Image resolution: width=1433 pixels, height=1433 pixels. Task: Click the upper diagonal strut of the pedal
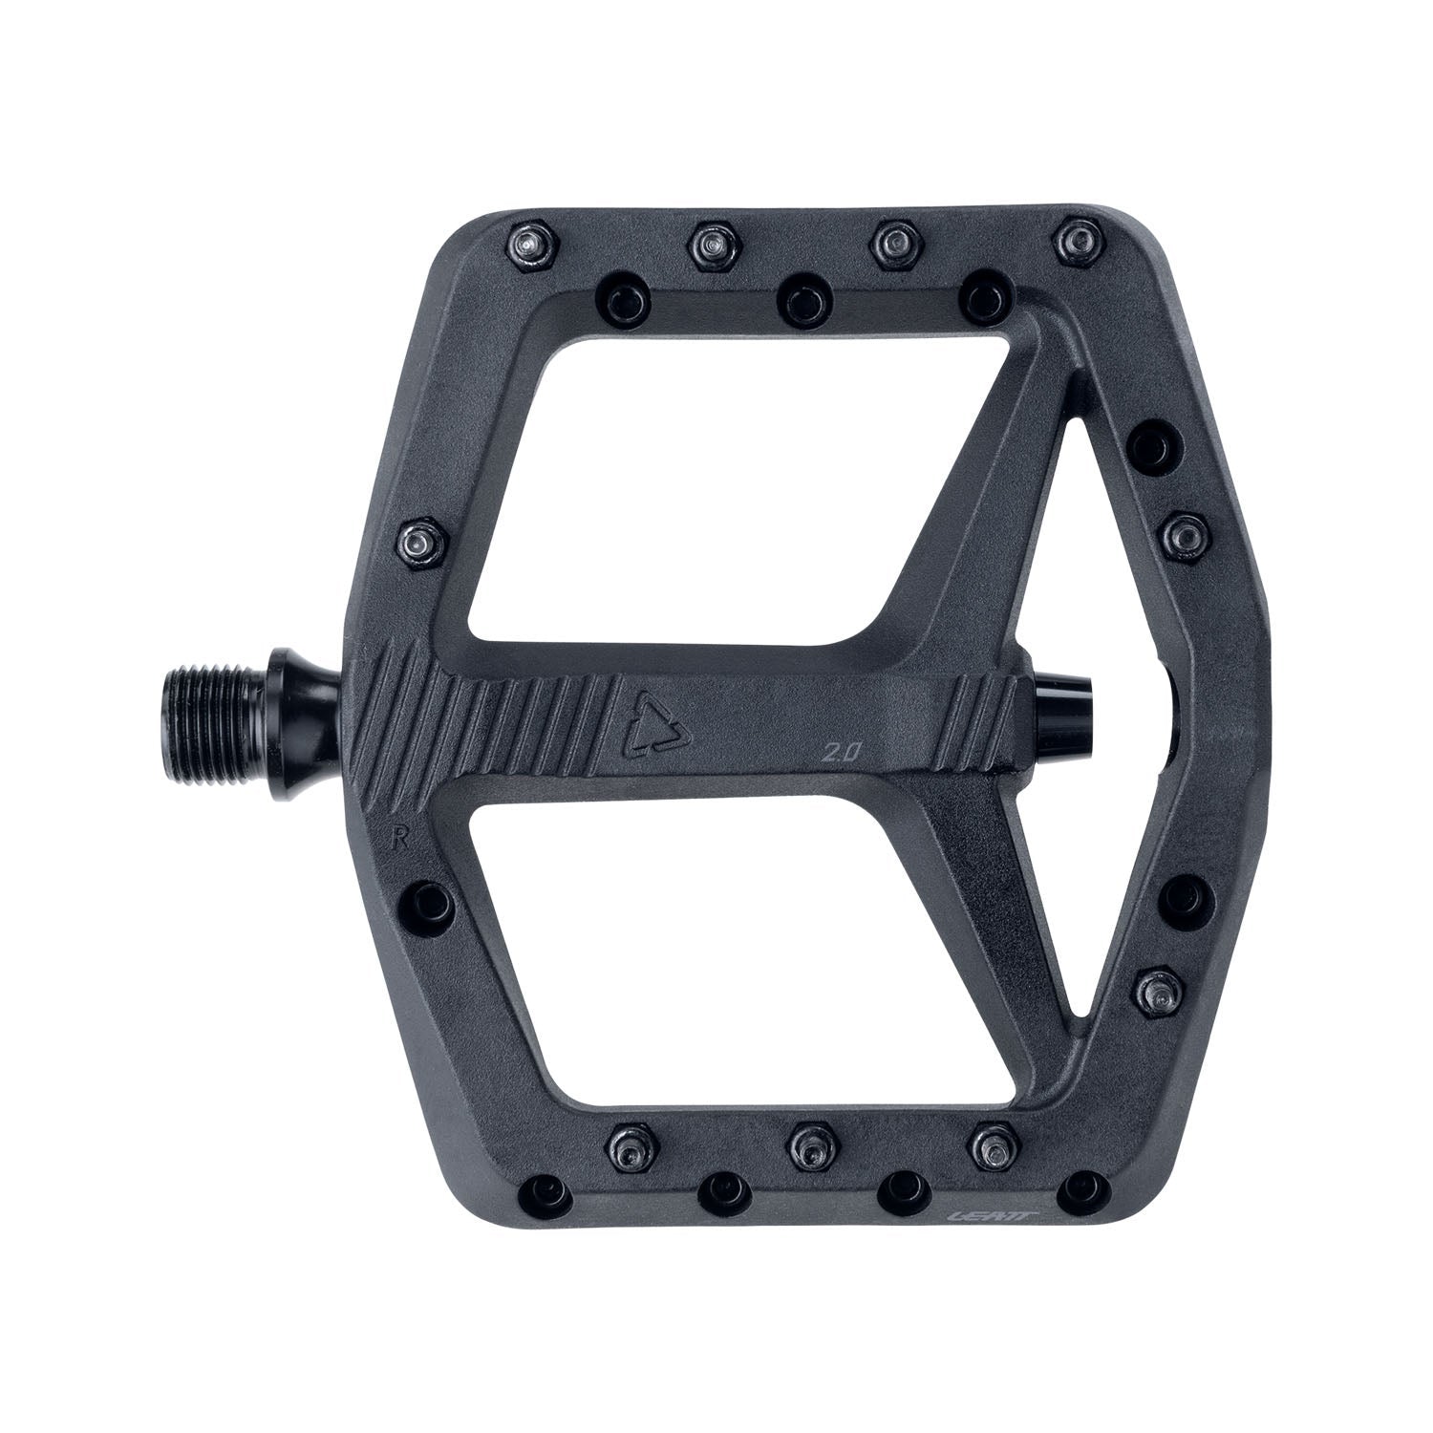click(x=965, y=497)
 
